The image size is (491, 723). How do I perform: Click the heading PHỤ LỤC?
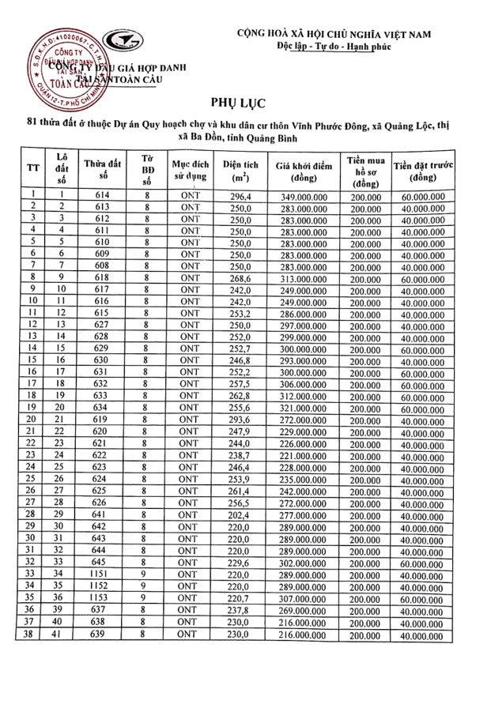[246, 104]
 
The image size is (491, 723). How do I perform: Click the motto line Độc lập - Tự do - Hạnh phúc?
[346, 47]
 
